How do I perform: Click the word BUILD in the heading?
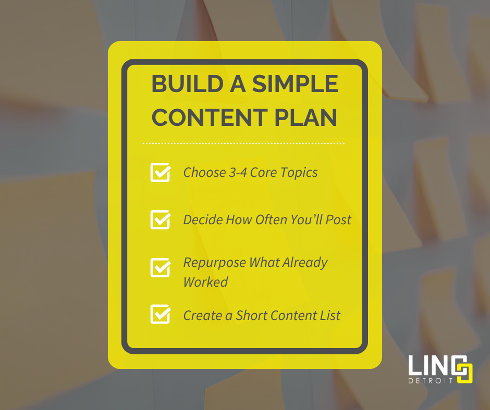pos(182,85)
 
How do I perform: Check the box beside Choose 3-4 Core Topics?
pos(161,172)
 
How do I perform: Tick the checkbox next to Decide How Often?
pos(161,219)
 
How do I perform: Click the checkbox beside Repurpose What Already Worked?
pos(161,267)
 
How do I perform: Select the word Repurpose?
pos(214,263)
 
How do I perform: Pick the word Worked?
pos(205,282)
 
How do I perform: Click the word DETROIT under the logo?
pos(431,380)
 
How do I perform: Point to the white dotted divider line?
pos(243,143)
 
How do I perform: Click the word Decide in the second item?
pos(202,220)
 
